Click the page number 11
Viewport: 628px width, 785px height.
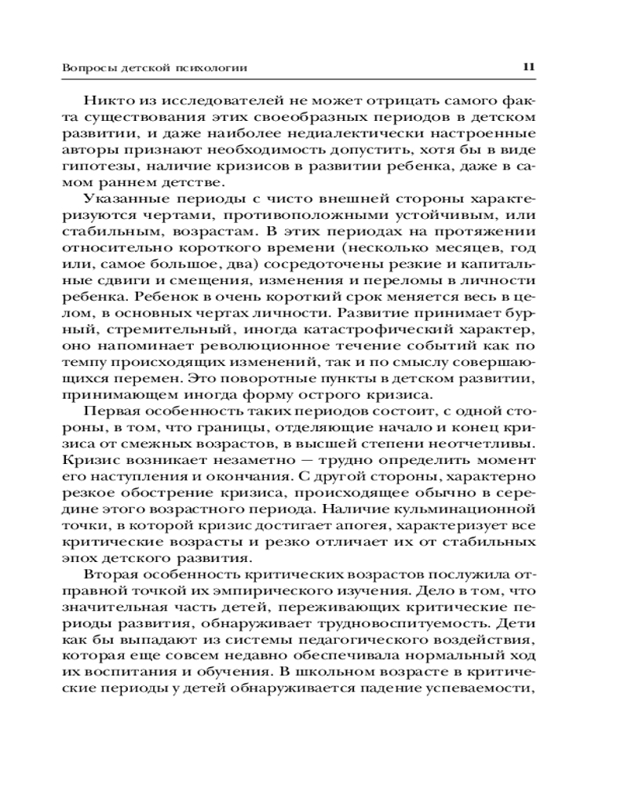click(528, 68)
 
